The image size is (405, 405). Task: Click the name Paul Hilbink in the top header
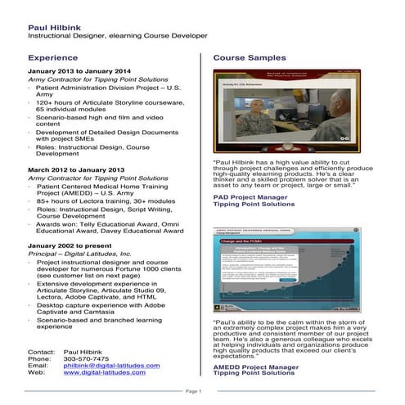tap(50, 26)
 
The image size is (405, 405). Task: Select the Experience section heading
tap(53, 59)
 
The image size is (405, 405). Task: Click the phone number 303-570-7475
tap(86, 358)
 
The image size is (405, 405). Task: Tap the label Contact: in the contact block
tap(41, 351)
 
